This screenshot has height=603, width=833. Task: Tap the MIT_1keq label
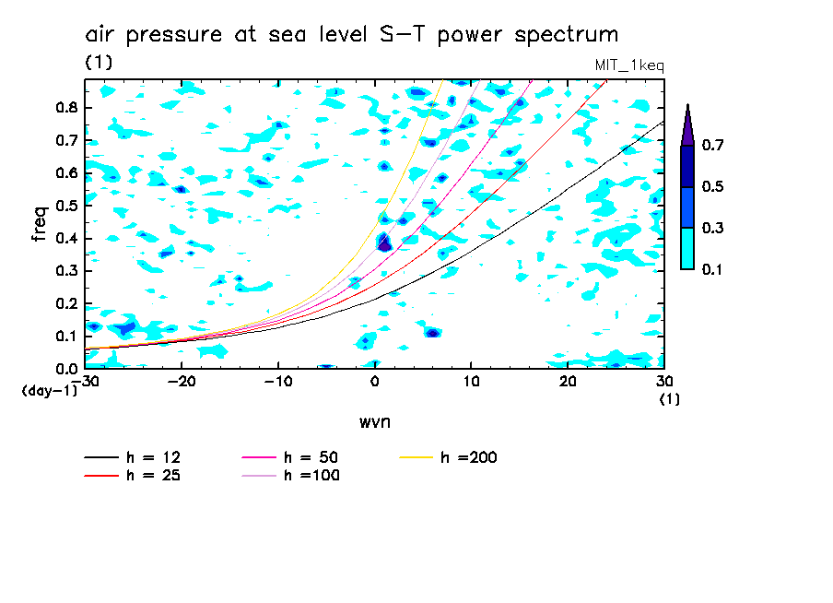(x=630, y=66)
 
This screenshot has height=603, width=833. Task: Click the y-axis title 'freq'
(x=40, y=223)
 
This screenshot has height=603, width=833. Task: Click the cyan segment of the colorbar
(x=687, y=249)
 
